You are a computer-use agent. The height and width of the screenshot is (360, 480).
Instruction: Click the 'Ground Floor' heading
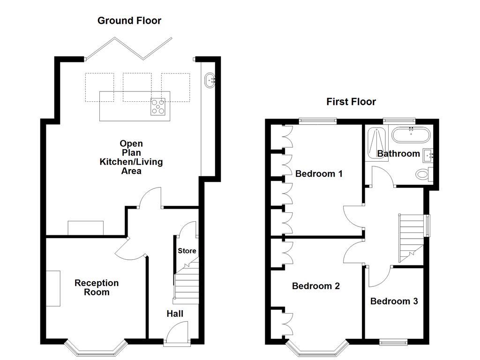pos(129,21)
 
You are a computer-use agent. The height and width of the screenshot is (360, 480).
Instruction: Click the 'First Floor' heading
pos(351,102)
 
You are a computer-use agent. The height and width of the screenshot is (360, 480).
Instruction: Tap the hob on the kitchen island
pos(158,107)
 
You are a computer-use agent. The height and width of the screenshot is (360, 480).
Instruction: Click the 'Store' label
pos(187,251)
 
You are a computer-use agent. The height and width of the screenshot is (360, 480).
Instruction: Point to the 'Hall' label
pos(175,314)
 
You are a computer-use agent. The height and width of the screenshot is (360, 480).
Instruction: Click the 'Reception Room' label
pos(97,287)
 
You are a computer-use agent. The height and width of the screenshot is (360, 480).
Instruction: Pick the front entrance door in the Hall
pos(177,334)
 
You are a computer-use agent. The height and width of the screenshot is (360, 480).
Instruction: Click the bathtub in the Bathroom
pos(411,136)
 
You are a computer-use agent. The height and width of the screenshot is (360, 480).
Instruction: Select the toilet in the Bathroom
pos(423,174)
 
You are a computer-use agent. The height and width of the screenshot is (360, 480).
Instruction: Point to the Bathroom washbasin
pos(428,154)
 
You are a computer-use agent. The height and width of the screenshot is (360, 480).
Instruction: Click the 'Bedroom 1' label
pos(319,174)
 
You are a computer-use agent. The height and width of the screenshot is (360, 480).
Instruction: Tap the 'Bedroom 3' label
pos(394,301)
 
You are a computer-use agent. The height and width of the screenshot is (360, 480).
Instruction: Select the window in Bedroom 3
pos(394,343)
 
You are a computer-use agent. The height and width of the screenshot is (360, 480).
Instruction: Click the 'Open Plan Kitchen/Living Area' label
pos(131,157)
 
